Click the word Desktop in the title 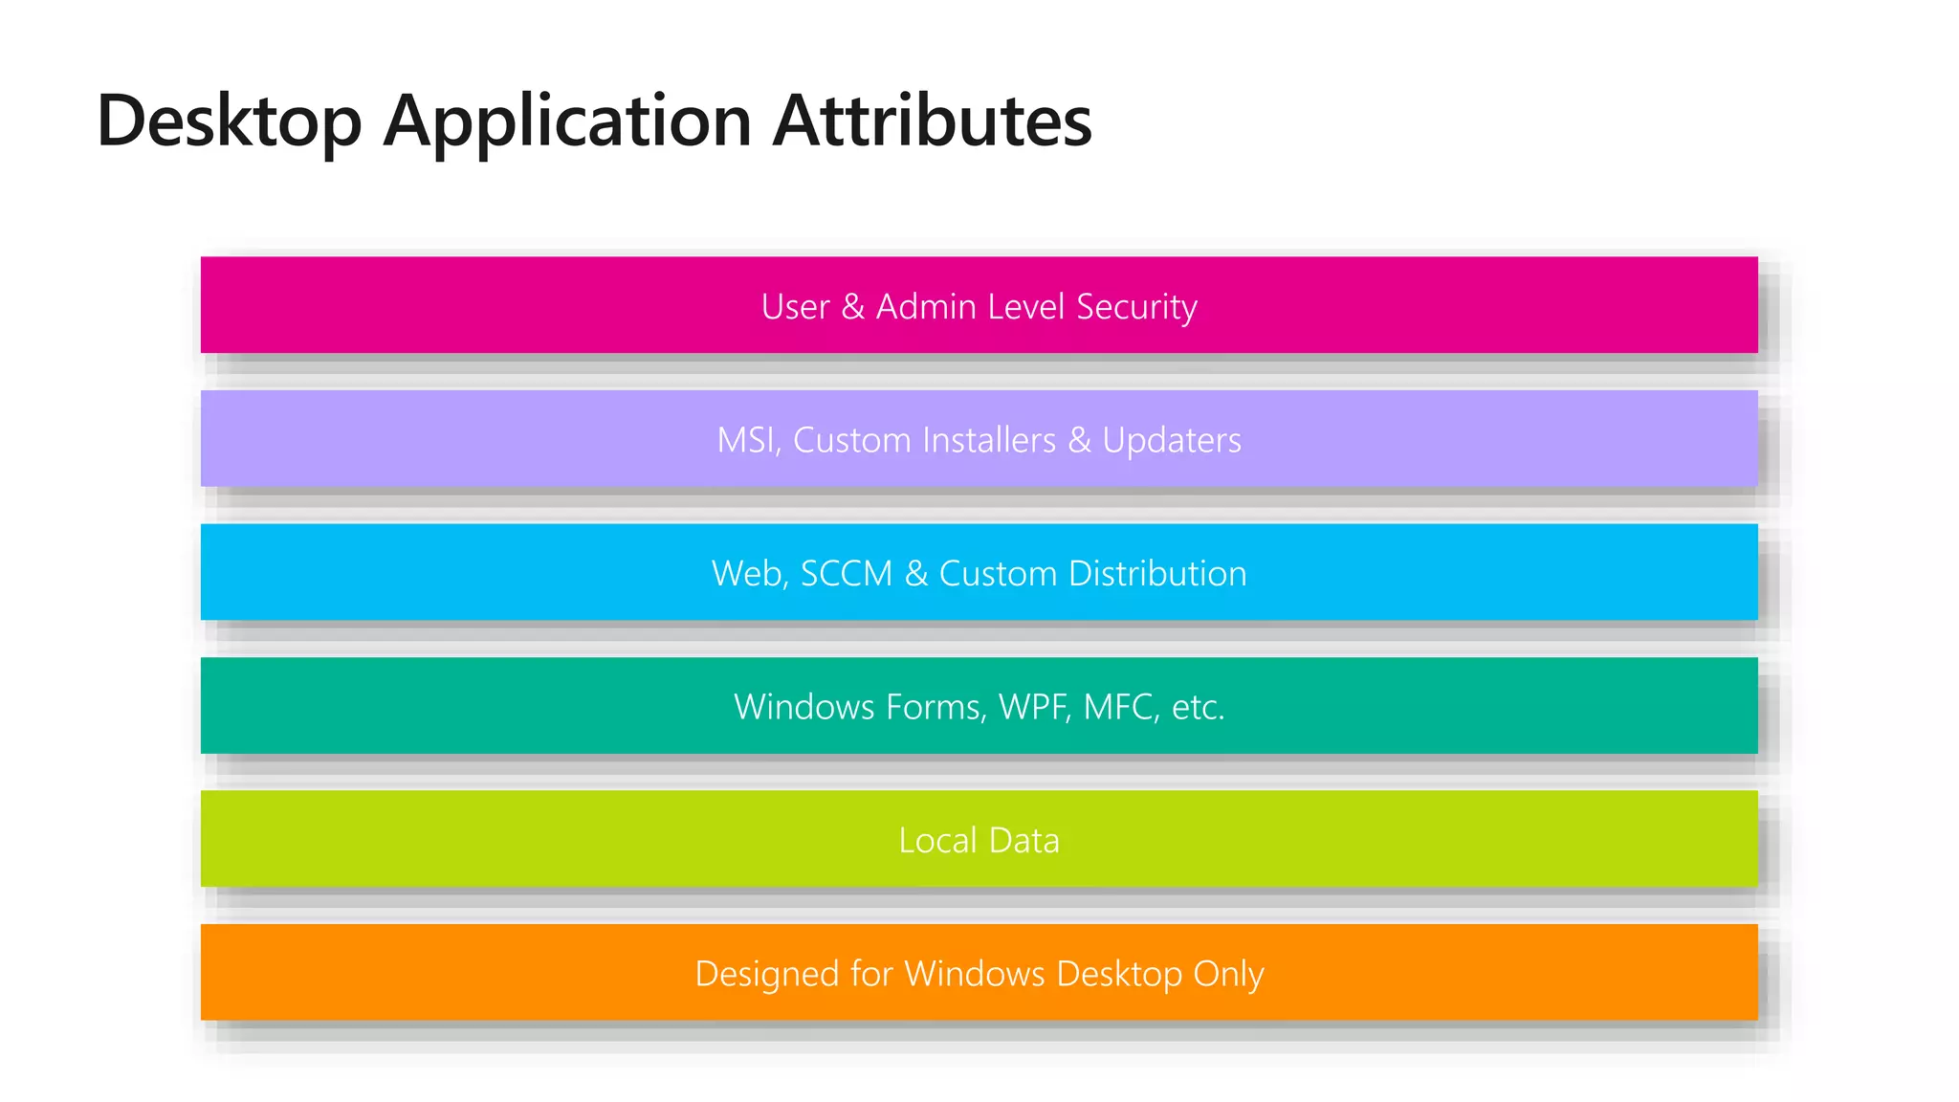pos(230,121)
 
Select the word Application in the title pos(567,121)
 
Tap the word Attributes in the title pos(932,121)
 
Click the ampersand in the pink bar pos(852,307)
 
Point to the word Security pos(1136,307)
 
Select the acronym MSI pos(749,440)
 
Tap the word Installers pos(989,440)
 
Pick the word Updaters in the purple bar pos(1172,440)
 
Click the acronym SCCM pos(847,574)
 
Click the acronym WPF pos(1034,707)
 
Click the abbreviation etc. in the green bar pos(1199,707)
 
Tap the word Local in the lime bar pos(937,840)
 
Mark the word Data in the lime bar pos(1024,840)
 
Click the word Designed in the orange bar pos(766,974)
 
